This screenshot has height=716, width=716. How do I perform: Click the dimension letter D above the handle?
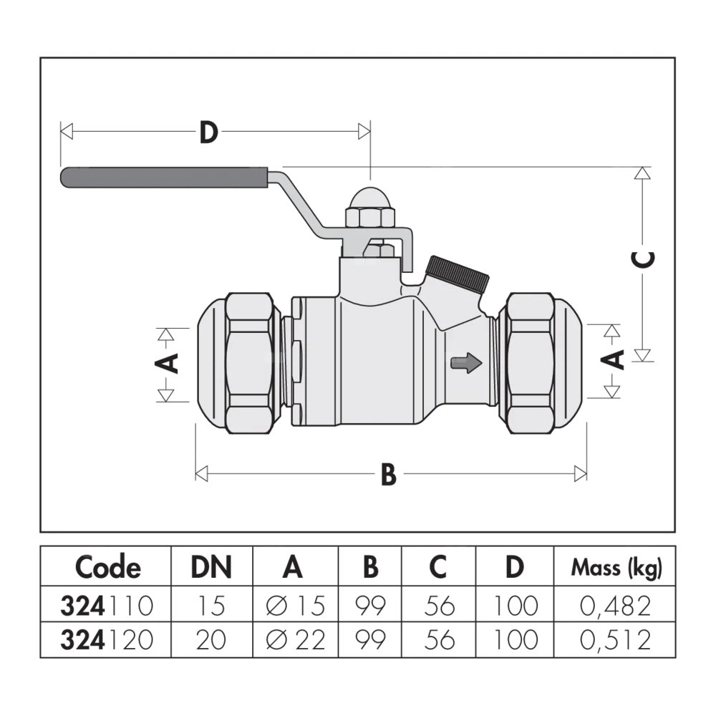208,132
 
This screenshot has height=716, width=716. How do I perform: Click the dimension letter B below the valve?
388,474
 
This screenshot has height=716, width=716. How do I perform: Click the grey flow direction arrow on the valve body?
465,364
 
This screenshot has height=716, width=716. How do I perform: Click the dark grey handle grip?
165,178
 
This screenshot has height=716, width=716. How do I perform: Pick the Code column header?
108,568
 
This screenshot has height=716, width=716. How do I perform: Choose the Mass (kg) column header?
616,569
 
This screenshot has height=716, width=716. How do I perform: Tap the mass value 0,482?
616,606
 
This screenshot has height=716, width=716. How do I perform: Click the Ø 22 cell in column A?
294,639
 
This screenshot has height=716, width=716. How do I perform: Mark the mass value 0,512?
616,639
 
